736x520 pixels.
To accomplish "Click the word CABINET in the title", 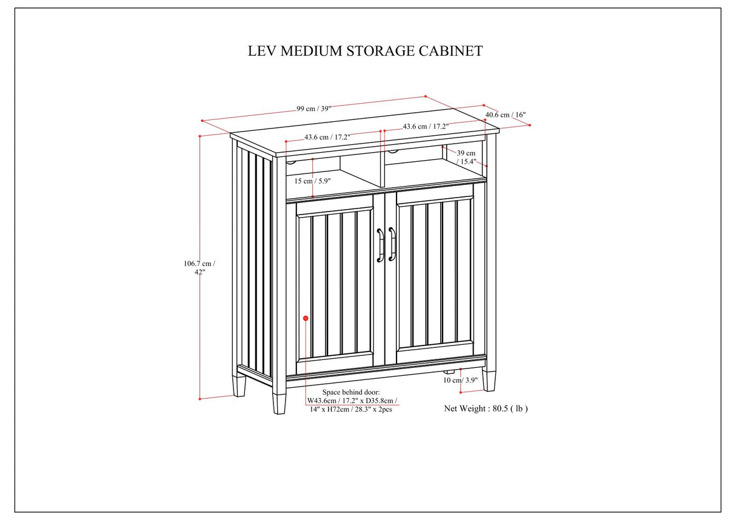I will pos(451,51).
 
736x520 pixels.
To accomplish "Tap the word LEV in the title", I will pos(261,51).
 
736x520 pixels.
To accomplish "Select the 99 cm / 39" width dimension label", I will pos(313,108).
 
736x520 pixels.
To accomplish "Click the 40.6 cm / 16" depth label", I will pos(505,115).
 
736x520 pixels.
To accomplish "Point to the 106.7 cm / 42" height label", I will pos(199,267).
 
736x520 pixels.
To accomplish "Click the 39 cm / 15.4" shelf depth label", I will pos(466,158).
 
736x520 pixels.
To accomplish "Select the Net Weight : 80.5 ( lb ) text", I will pos(486,408).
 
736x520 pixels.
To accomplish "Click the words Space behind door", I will pos(351,393).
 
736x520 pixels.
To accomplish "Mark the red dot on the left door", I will pos(306,318).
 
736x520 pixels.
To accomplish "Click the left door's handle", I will pos(380,244).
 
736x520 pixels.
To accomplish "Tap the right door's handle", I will pos(392,244).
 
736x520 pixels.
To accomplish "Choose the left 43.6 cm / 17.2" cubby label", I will pos(327,138).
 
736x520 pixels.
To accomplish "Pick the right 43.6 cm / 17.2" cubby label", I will pos(425,127).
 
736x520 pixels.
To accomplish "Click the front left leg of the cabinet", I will pos(279,402).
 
